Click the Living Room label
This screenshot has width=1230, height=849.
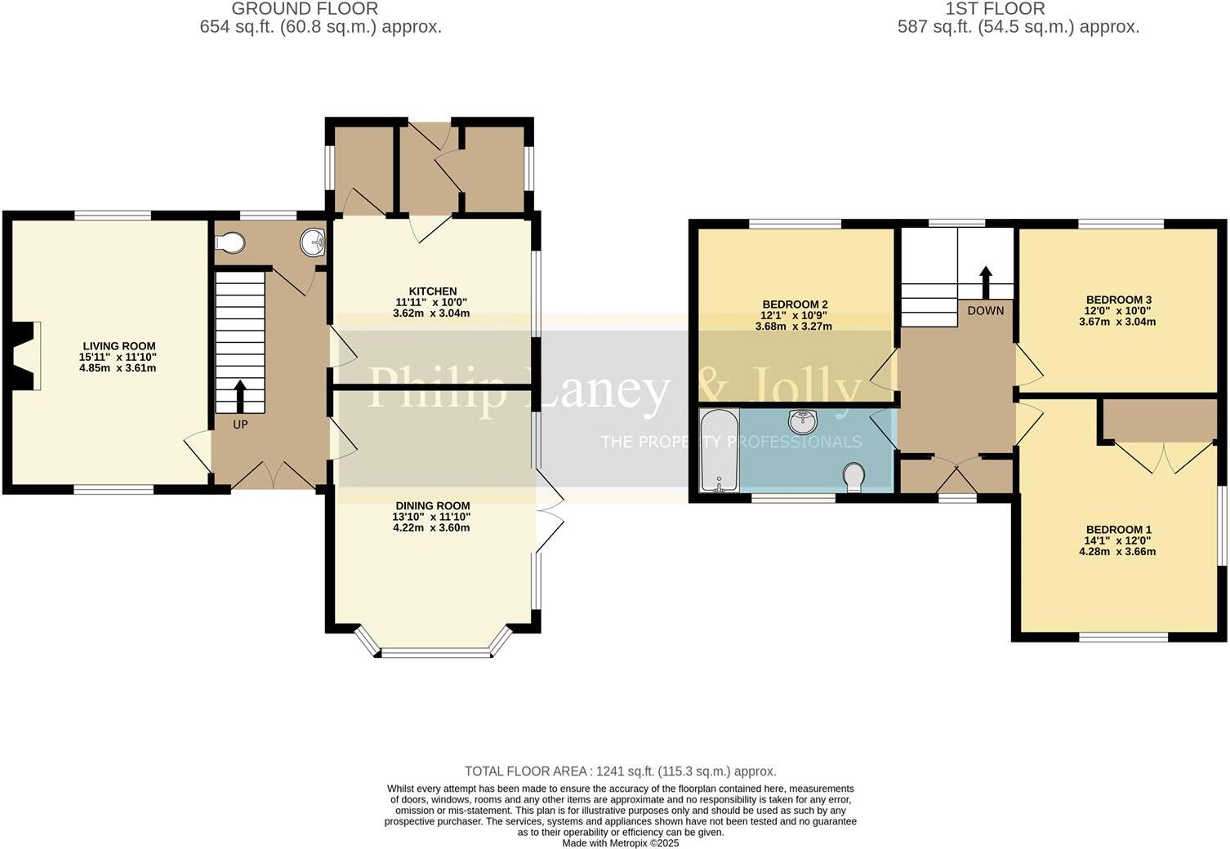(x=118, y=346)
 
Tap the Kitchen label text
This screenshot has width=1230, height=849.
(x=433, y=291)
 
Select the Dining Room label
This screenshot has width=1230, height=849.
(x=432, y=505)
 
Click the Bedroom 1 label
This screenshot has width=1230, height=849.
(x=1118, y=530)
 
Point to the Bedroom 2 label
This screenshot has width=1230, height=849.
(x=795, y=304)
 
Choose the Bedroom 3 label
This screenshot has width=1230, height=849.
(x=1118, y=300)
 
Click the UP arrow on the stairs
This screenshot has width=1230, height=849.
(x=240, y=395)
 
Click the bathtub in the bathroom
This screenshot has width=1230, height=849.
(x=720, y=451)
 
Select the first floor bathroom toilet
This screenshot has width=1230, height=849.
(x=854, y=478)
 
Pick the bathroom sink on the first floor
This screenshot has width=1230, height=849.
(x=803, y=422)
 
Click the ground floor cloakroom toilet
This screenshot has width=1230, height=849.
(x=230, y=242)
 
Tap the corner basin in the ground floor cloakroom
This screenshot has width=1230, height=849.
(x=313, y=242)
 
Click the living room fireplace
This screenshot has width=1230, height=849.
(x=26, y=356)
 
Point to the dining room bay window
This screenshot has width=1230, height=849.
(x=433, y=650)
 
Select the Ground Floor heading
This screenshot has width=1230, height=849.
(x=305, y=9)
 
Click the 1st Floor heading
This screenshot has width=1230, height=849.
(x=995, y=9)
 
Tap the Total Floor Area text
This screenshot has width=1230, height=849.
(x=620, y=771)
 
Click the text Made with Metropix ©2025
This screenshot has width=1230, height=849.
(x=620, y=843)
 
